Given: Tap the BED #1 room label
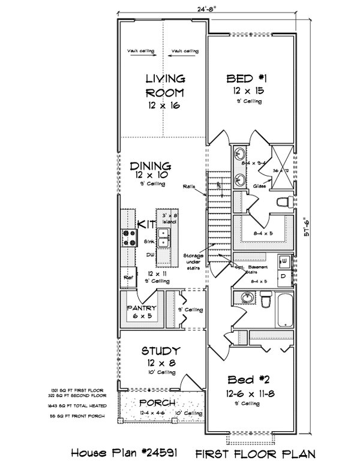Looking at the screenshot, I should coord(246,79).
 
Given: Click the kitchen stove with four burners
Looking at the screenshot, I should coord(128,238).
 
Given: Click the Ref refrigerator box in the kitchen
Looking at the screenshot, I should coord(128,278).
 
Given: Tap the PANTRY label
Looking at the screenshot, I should coord(142,308).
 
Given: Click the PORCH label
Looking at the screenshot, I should coord(157,402).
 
